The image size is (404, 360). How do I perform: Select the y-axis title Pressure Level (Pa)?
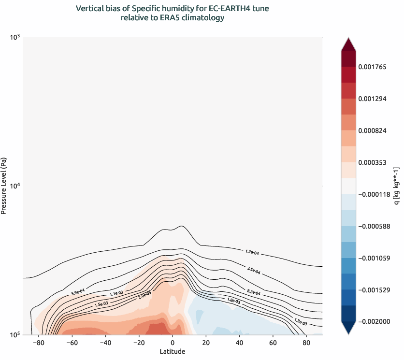4,186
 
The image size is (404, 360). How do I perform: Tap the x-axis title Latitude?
173,351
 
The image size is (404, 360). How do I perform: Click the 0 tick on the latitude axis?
173,343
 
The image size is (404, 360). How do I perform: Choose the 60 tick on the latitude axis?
273,343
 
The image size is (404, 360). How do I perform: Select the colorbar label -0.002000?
374,321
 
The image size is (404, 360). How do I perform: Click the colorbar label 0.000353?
375,162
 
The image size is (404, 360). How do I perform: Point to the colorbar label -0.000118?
374,194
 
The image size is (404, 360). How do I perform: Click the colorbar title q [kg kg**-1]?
396,186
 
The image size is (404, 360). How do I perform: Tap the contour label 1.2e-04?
252,252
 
